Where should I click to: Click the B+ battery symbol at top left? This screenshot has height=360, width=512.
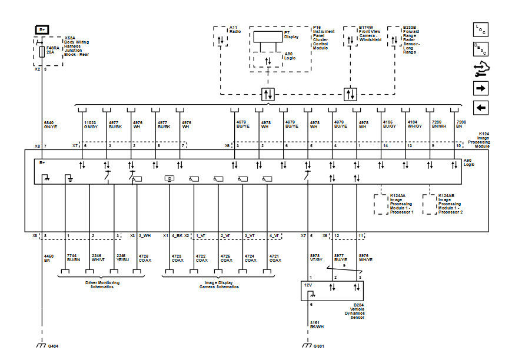(42, 29)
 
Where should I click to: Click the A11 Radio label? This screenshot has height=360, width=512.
(234, 30)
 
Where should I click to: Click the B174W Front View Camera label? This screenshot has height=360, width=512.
(370, 34)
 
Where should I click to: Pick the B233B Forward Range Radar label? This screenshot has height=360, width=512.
(414, 39)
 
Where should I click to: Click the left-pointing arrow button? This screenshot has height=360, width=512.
(481, 108)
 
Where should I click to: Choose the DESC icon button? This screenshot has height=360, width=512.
(481, 49)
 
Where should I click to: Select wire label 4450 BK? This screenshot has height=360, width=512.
(49, 258)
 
